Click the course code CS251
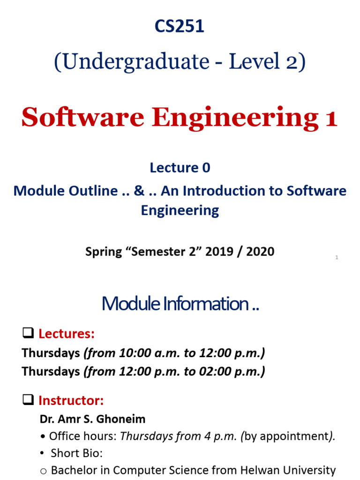pyautogui.click(x=180, y=27)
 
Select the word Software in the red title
pyautogui.click(x=82, y=117)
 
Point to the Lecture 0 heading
pyautogui.click(x=180, y=168)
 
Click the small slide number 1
pyautogui.click(x=337, y=258)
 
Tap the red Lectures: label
pyautogui.click(x=67, y=334)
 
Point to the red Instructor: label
pyautogui.click(x=71, y=401)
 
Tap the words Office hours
pyautogui.click(x=82, y=436)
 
